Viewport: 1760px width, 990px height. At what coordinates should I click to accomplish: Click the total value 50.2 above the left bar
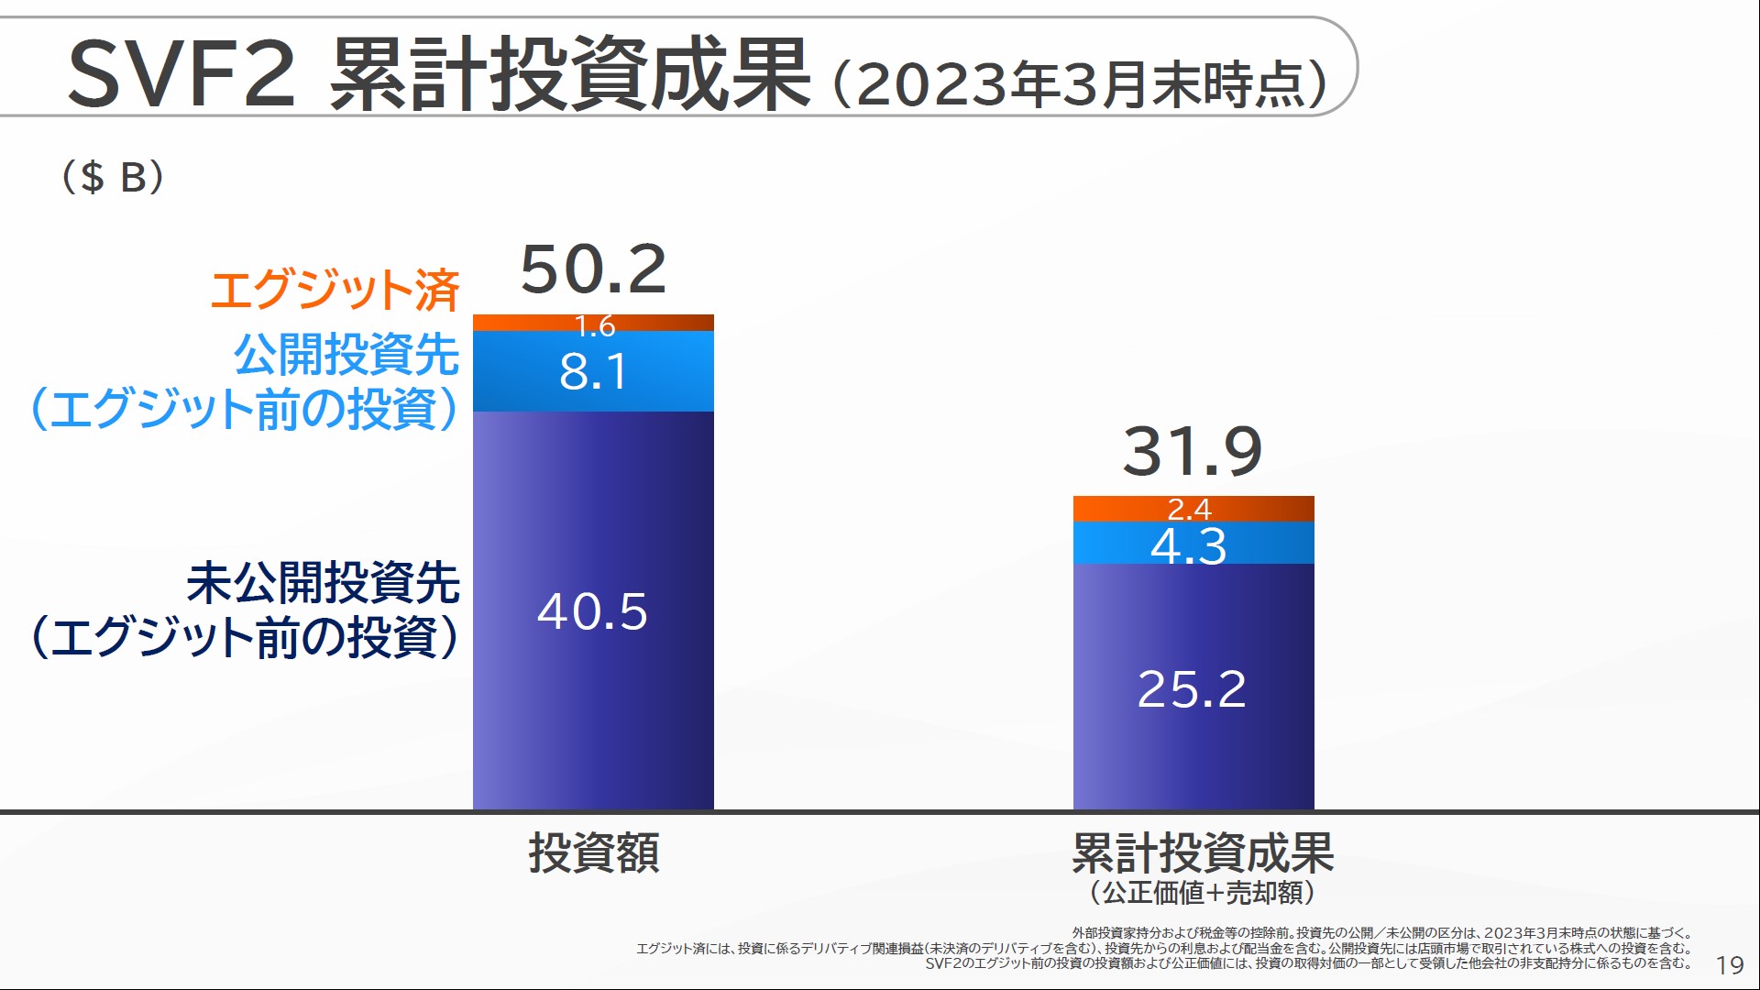click(593, 269)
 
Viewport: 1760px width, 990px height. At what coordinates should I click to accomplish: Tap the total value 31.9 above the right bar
click(1193, 451)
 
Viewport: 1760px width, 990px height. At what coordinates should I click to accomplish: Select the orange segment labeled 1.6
click(593, 324)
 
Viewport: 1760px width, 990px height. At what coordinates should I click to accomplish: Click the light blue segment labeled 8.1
click(593, 371)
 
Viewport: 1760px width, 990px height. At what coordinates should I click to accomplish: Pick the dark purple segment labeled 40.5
click(593, 610)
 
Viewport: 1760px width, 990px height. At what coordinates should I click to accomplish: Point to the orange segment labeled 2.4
click(1193, 509)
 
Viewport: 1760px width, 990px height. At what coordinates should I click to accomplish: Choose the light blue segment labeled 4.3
click(1193, 544)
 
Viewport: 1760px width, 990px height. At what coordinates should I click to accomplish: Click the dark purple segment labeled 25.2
click(1193, 687)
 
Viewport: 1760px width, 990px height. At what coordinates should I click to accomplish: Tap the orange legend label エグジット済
click(335, 290)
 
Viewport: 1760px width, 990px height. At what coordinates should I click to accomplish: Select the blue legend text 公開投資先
click(346, 354)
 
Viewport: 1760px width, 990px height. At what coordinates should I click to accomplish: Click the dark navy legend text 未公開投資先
click(323, 583)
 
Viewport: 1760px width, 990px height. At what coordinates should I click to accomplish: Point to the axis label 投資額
click(593, 852)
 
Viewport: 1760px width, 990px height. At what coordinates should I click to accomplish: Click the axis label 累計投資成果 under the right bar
click(1202, 852)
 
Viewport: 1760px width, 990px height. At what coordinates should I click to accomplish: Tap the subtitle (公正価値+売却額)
click(1202, 892)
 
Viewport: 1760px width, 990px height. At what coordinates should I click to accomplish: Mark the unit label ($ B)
click(113, 176)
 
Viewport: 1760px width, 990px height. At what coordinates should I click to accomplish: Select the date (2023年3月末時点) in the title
click(1080, 84)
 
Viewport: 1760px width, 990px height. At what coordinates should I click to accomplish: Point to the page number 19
click(1729, 965)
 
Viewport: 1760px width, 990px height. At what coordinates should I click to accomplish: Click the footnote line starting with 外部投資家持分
click(1381, 933)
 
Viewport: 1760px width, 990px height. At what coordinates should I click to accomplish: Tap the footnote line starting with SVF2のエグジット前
click(1307, 963)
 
